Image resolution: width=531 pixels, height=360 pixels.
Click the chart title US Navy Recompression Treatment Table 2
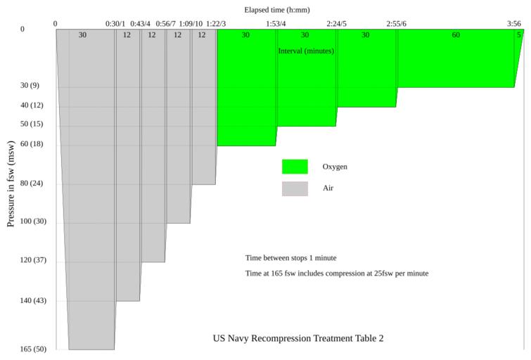click(x=298, y=338)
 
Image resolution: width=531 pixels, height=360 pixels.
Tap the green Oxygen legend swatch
click(x=295, y=167)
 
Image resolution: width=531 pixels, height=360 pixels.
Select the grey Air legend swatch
click(x=295, y=188)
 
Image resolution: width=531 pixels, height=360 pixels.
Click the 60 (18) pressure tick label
click(x=34, y=143)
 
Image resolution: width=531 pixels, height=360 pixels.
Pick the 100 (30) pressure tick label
click(x=34, y=221)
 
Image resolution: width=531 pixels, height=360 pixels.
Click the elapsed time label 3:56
click(x=514, y=24)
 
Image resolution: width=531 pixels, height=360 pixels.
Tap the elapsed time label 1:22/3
click(x=216, y=24)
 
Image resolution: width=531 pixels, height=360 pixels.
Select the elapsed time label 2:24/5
click(x=337, y=24)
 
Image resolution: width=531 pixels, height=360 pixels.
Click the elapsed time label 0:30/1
click(x=115, y=24)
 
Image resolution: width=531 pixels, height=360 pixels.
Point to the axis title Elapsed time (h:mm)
click(x=277, y=10)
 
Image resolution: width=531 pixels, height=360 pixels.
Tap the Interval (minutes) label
click(x=306, y=51)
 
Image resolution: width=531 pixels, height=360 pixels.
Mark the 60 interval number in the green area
click(x=456, y=34)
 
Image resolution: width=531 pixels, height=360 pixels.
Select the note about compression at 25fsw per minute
click(x=337, y=273)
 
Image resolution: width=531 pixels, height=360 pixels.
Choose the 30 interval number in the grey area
click(x=82, y=34)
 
